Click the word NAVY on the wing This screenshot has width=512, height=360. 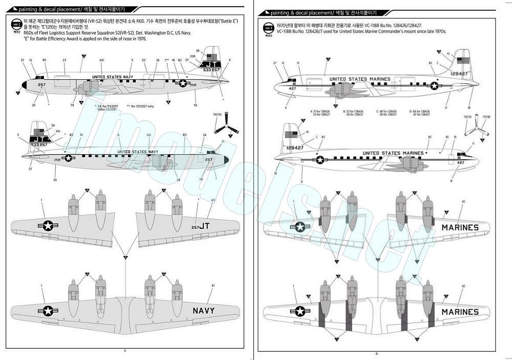(x=203, y=310)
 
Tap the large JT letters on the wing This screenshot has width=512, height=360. (x=200, y=226)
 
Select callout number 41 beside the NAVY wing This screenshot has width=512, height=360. (x=212, y=285)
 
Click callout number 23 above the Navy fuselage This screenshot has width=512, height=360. (x=65, y=60)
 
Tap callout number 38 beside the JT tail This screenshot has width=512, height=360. (x=198, y=50)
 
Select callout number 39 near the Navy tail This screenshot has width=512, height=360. (x=53, y=125)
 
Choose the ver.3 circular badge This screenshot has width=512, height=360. (x=268, y=27)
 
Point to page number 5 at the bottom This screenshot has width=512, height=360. (x=125, y=351)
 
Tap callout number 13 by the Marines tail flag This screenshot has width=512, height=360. (x=447, y=53)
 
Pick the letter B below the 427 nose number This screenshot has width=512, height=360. (x=451, y=181)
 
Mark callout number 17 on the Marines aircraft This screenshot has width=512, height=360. (x=298, y=63)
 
